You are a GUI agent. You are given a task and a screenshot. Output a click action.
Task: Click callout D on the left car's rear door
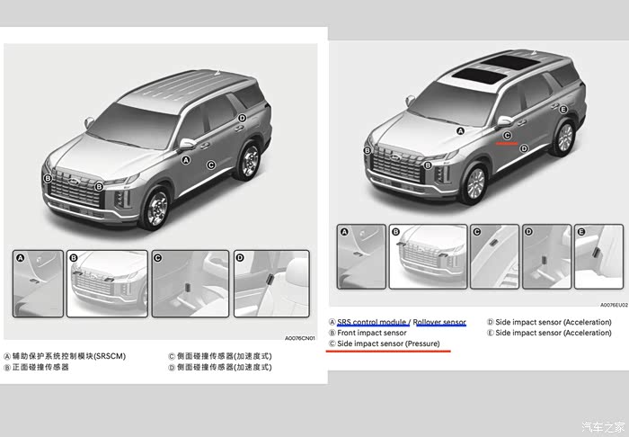(x=242, y=118)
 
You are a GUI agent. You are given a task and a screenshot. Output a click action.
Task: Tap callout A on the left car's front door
(x=186, y=160)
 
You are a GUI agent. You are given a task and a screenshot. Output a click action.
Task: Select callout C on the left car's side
(x=211, y=165)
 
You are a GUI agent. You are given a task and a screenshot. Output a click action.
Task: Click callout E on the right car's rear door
(x=563, y=110)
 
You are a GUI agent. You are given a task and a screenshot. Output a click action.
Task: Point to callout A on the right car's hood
(x=460, y=130)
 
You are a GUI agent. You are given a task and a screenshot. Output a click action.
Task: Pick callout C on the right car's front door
(x=507, y=136)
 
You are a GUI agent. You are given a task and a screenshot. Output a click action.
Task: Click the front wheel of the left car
(x=156, y=209)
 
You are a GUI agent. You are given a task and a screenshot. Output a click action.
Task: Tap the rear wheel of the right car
(x=564, y=138)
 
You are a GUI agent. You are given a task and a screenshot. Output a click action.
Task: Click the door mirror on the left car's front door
(x=187, y=144)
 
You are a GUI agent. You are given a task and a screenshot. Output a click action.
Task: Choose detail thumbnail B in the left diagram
(x=107, y=284)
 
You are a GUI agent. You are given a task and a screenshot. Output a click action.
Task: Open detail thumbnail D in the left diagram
(x=271, y=284)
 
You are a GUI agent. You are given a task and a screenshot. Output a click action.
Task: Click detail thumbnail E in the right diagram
(x=599, y=256)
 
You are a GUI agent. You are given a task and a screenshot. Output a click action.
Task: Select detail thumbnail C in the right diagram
(x=494, y=256)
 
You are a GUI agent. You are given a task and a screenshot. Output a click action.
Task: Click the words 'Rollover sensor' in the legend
(x=439, y=322)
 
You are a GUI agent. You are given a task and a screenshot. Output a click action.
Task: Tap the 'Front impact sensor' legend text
(x=372, y=333)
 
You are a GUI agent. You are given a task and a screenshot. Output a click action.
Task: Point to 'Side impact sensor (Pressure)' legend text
(x=388, y=343)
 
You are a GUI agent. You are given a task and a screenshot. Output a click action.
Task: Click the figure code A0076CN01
(x=299, y=338)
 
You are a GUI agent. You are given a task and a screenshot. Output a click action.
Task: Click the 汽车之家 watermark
(x=603, y=426)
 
